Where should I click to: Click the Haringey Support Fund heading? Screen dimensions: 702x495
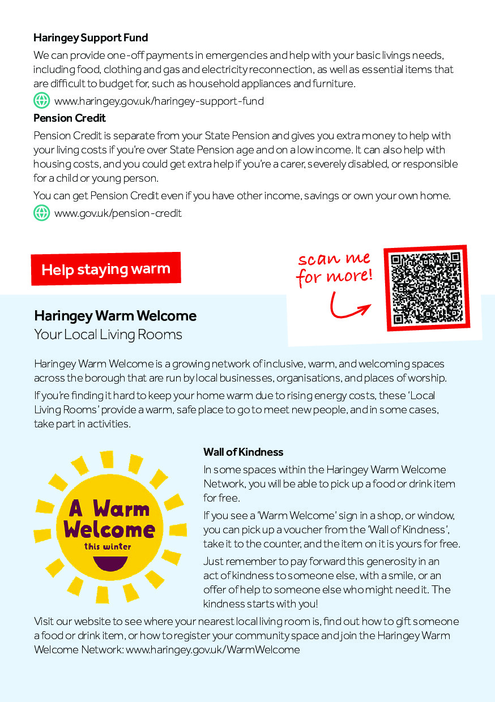click(91, 38)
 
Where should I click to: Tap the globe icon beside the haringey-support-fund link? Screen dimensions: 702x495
click(42, 101)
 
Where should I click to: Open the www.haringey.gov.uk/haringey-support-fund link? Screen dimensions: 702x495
click(159, 101)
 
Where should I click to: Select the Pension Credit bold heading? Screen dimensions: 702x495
click(70, 118)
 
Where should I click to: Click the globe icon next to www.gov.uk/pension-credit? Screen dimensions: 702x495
click(42, 213)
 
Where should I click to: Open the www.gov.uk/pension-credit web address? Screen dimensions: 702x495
click(118, 213)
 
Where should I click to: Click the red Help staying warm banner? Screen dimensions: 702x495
click(106, 269)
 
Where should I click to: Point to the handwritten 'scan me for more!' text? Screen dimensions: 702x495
click(335, 268)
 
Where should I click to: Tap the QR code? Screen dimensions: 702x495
click(426, 288)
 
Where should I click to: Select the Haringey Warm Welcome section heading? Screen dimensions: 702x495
click(116, 316)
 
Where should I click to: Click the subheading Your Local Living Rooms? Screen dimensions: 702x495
click(108, 335)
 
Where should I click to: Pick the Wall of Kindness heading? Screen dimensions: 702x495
click(244, 452)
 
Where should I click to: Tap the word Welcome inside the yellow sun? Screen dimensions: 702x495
click(109, 529)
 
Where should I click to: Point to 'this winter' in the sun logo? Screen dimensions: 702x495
click(108, 546)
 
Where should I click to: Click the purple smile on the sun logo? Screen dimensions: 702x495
click(109, 562)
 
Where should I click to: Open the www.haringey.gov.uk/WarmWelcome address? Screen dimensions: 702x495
click(212, 649)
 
